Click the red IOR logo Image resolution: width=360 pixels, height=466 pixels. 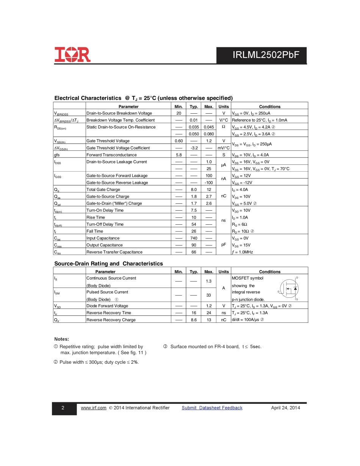click(72, 55)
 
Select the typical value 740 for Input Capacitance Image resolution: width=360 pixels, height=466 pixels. click(194, 238)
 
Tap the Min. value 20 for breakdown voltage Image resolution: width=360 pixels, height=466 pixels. click(178, 113)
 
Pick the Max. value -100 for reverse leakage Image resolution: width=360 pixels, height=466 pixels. click(208, 183)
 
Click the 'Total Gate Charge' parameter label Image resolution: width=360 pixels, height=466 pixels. click(103, 189)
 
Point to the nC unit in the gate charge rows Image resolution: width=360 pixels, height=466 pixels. click(224, 196)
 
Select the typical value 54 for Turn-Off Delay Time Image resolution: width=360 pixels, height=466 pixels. click(194, 224)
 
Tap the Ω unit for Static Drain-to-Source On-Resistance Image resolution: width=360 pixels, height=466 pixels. click(224, 127)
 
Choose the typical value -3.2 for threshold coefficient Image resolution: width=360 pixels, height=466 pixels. click(194, 148)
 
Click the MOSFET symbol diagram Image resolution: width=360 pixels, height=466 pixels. click(289, 289)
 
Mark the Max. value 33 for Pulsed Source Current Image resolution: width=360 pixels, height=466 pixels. click(208, 295)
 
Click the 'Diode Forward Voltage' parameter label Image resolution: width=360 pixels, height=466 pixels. click(107, 306)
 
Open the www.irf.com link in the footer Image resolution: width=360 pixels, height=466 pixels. click(94, 408)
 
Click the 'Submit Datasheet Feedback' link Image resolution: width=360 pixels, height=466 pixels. click(212, 408)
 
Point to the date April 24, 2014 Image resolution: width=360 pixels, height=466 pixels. click(285, 408)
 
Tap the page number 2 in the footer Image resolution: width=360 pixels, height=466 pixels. click(63, 408)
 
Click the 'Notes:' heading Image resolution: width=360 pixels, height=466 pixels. click(62, 339)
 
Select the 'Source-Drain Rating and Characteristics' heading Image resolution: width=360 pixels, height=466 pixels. click(109, 264)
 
